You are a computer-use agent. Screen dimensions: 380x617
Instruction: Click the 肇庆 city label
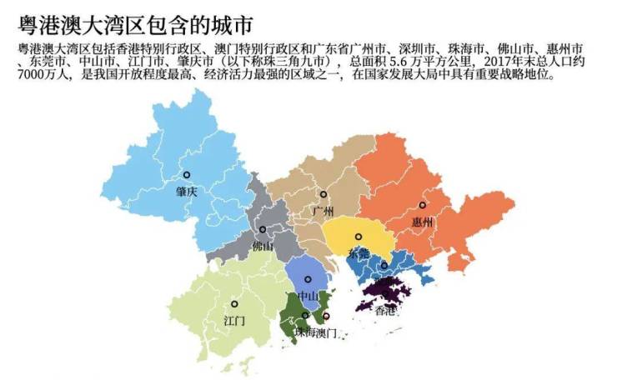pyautogui.click(x=186, y=191)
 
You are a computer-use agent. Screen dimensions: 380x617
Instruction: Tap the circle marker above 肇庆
pyautogui.click(x=187, y=175)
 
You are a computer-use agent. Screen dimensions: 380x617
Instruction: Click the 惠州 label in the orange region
pyautogui.click(x=422, y=222)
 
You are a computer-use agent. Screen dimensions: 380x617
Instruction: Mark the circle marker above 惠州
pyautogui.click(x=422, y=205)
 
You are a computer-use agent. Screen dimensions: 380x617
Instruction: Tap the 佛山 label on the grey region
pyautogui.click(x=262, y=246)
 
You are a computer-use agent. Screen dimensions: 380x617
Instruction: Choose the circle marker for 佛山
pyautogui.click(x=263, y=229)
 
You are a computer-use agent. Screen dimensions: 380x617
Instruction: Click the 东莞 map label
pyautogui.click(x=359, y=252)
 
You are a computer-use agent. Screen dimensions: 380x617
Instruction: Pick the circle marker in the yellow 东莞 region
pyautogui.click(x=359, y=237)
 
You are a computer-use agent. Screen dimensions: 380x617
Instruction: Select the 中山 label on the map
pyautogui.click(x=308, y=295)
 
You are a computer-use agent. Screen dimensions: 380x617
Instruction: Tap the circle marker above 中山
pyautogui.click(x=308, y=279)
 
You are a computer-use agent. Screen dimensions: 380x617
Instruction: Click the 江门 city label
pyautogui.click(x=234, y=320)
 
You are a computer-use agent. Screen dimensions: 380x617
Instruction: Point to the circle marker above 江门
pyautogui.click(x=234, y=304)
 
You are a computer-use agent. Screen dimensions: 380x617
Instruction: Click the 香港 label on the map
pyautogui.click(x=385, y=311)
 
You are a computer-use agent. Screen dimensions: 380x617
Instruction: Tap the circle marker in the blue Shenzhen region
pyautogui.click(x=384, y=266)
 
